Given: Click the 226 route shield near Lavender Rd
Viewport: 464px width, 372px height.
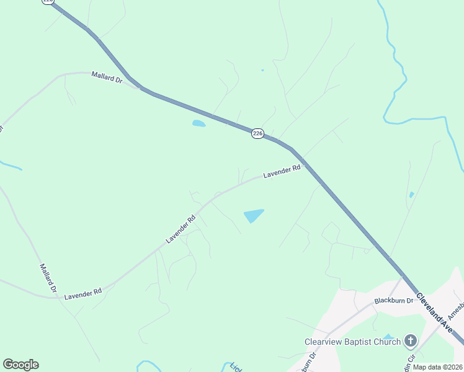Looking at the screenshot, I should [258, 133].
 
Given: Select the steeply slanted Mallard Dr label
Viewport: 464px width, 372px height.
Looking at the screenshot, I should [48, 278].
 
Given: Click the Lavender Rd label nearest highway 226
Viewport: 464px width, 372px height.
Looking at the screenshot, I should [282, 171].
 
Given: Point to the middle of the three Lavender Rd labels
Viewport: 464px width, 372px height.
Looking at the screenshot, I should [181, 229].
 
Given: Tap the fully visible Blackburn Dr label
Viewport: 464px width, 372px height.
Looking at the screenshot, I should [393, 301].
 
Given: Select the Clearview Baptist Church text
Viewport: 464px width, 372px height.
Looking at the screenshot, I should [352, 341].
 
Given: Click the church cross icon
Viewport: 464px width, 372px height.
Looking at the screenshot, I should [410, 340].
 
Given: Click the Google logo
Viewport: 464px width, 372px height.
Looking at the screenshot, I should [20, 365].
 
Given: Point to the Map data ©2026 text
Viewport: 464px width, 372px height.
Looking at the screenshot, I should [437, 367].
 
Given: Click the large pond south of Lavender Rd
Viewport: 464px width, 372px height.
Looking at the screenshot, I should [254, 215].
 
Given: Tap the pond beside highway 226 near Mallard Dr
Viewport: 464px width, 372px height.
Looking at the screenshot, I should [199, 123].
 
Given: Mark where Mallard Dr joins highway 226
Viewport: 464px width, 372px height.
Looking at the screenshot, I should [141, 88].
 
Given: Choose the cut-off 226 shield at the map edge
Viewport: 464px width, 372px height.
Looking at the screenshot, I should [48, 2].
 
